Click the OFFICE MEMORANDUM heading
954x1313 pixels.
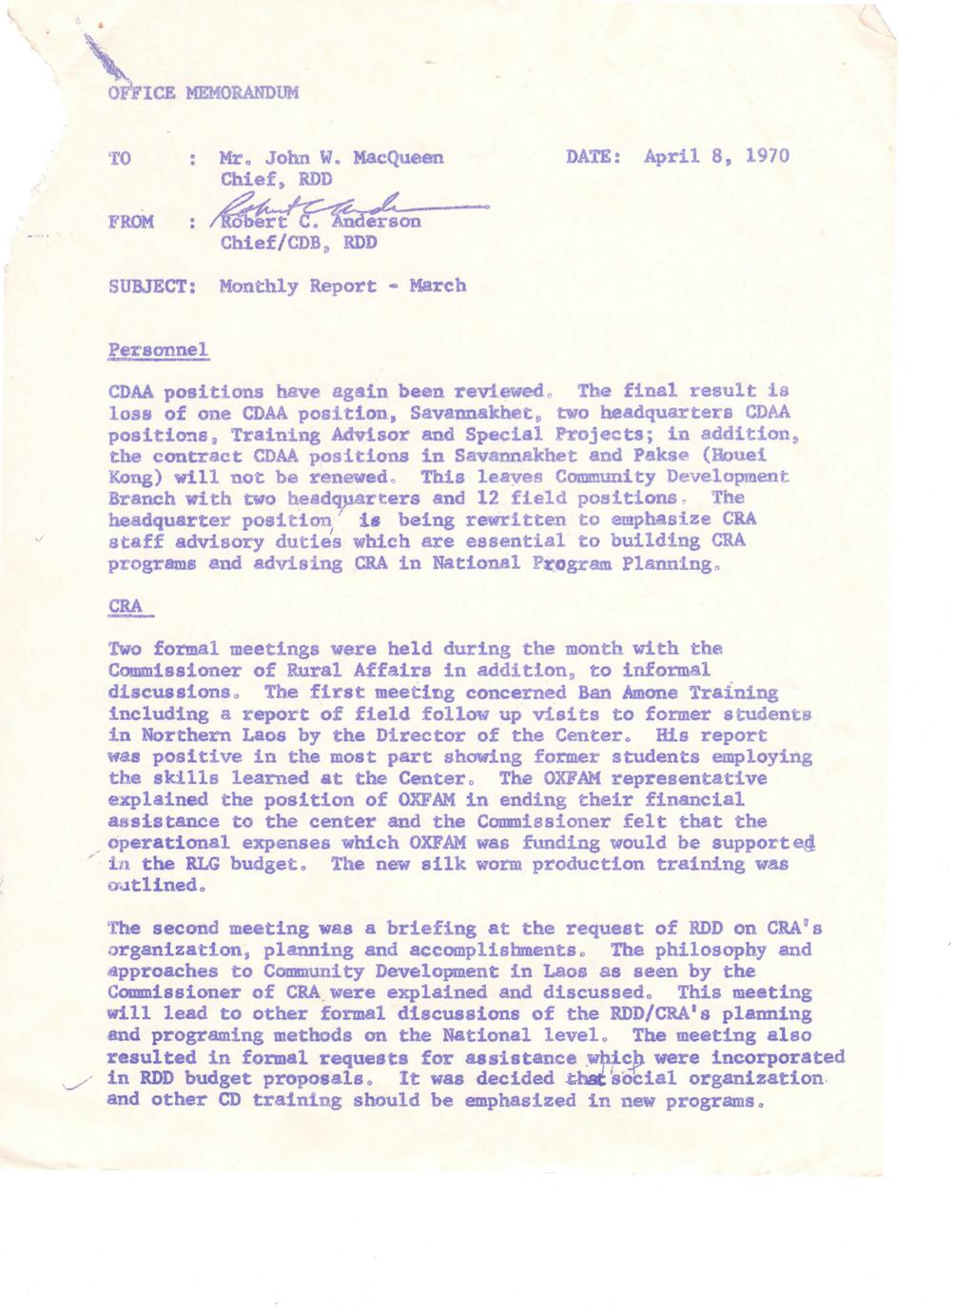204,93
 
